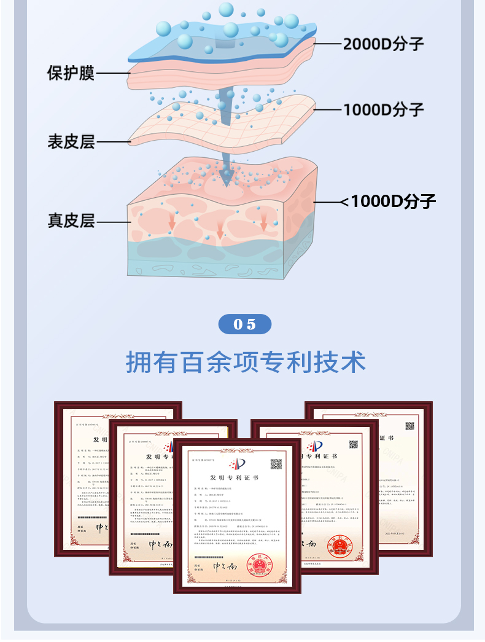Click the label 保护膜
coord(71,73)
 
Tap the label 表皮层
coord(71,142)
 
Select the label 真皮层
coord(71,220)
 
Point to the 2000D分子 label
coord(383,44)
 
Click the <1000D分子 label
coord(388,201)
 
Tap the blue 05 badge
coord(244,324)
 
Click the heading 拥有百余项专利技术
coord(246,362)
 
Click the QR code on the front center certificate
coord(276,464)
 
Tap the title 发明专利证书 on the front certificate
coord(234,477)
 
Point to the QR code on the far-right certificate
coord(409,426)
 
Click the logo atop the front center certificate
coord(236,463)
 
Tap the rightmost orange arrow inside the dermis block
coord(263,222)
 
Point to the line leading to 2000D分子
coord(328,44)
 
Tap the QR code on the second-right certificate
coord(353,444)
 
